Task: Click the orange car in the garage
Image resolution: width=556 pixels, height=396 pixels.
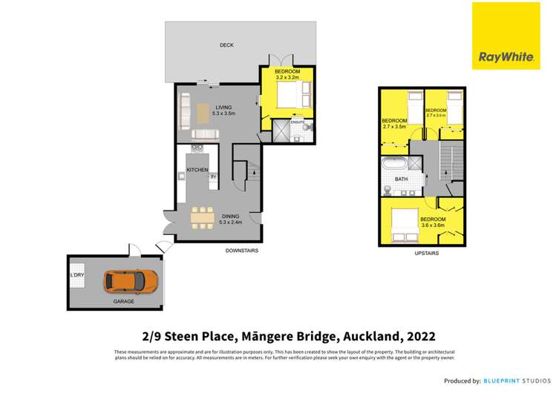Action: [131, 281]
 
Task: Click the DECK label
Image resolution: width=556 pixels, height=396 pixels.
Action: [226, 45]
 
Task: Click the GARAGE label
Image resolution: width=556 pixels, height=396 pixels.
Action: [114, 303]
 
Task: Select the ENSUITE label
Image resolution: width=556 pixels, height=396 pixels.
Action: [298, 122]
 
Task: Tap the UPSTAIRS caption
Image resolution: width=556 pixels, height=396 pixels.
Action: [426, 253]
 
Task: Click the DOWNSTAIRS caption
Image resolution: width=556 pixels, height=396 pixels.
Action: [242, 251]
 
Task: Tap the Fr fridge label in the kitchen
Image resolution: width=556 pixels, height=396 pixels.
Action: [213, 176]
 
